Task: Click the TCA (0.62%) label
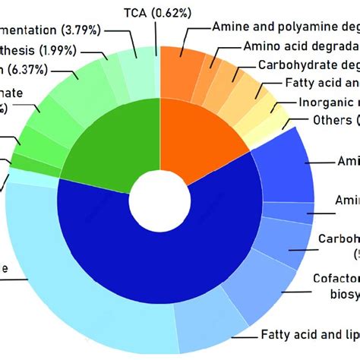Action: tap(156, 11)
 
